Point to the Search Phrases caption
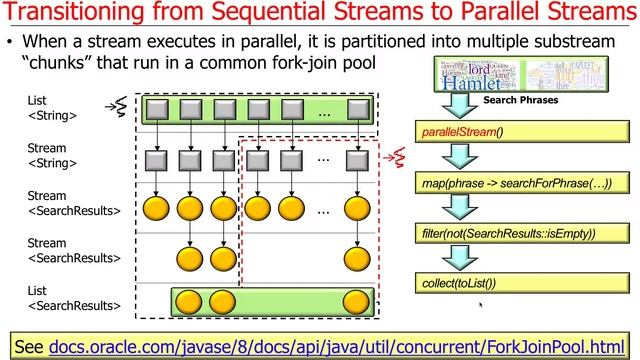[x=520, y=101]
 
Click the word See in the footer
[x=29, y=345]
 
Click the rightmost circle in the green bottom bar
[x=355, y=301]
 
